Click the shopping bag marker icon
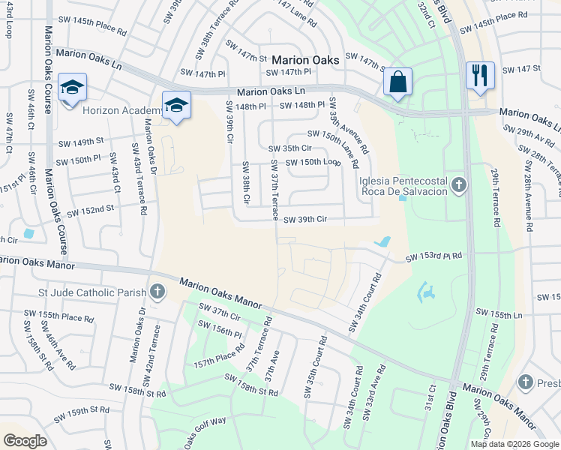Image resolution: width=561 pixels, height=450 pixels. (x=397, y=81)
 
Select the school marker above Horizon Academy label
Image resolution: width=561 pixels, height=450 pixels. (x=72, y=88)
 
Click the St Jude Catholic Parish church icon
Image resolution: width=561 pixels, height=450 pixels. (x=157, y=292)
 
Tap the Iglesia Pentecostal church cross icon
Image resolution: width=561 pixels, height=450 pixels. (x=460, y=184)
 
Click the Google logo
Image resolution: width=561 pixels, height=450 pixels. (x=25, y=441)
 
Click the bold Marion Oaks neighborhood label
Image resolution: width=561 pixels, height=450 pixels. (x=305, y=59)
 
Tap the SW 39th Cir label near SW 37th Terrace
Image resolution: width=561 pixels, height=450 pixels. (x=306, y=220)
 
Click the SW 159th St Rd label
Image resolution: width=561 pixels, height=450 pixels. (x=79, y=411)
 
